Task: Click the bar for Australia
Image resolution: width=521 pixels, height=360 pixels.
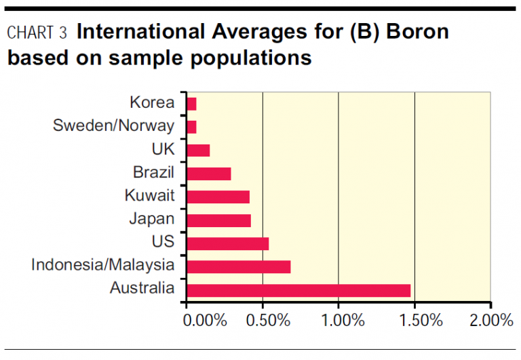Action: [298, 290]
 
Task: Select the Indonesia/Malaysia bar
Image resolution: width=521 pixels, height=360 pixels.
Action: [238, 266]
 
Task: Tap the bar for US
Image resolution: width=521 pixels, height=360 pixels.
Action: [227, 243]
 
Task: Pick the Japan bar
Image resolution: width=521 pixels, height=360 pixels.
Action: [218, 220]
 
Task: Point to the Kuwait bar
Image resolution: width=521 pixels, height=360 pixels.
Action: [218, 197]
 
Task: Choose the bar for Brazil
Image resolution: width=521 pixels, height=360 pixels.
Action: [208, 174]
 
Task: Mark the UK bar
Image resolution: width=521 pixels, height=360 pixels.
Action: [198, 150]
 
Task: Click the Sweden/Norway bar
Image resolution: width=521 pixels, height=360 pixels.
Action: [191, 127]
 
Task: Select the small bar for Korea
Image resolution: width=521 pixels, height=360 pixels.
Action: [191, 104]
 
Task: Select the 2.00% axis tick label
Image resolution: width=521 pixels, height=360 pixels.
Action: [490, 320]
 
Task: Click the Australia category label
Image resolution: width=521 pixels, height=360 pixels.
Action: [142, 288]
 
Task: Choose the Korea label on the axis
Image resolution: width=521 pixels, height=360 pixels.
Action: [153, 103]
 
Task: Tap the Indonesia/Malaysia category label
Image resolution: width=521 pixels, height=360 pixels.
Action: [102, 265]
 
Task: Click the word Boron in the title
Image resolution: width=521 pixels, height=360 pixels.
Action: [417, 31]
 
